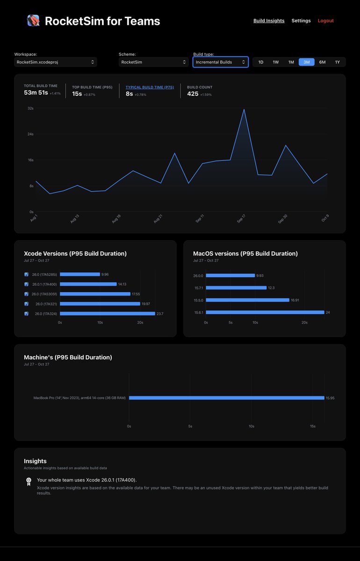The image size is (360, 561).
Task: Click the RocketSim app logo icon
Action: pos(33,21)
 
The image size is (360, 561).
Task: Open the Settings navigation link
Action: pos(301,21)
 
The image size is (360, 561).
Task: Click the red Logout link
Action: pos(326,21)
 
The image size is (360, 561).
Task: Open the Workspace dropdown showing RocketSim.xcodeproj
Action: pos(56,62)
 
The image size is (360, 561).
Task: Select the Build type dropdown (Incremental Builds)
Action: pos(220,62)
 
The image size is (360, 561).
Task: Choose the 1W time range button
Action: pos(276,62)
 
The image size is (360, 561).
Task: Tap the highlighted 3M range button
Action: pos(307,62)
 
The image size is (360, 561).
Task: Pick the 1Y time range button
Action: pos(337,62)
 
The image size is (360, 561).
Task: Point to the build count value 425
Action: pos(193,93)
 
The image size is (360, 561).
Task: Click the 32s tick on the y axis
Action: pos(30,108)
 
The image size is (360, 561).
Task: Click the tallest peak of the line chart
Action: pos(244,109)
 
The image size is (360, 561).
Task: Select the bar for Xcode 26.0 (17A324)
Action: pos(107,314)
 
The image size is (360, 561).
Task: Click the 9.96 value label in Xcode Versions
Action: pos(105,274)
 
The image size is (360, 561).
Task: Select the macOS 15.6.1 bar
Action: pos(265,312)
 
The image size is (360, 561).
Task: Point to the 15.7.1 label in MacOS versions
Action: pos(199,288)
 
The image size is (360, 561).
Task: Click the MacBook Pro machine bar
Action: pos(226,398)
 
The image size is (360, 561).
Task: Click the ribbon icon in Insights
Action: pos(29,482)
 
